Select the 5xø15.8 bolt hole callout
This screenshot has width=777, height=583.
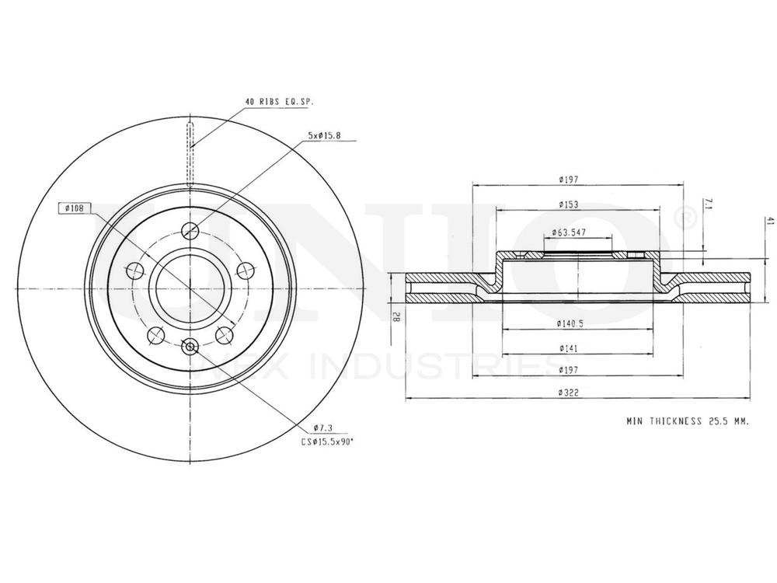pos(325,135)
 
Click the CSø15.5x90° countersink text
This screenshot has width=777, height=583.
pos(328,441)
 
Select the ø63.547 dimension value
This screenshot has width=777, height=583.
pos(569,232)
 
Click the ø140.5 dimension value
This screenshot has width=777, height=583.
pos(570,323)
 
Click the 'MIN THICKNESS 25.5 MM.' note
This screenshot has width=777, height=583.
pos(687,421)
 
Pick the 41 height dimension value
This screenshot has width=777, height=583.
pos(769,222)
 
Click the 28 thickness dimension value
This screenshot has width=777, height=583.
pos(395,316)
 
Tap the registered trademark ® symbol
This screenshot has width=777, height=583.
pos(686,219)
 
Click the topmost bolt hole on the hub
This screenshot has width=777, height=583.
pos(190,229)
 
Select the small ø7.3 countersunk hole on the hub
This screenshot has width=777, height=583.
pos(190,346)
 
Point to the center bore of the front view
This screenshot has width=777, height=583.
pos(190,288)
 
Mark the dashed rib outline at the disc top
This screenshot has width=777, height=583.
pos(190,152)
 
